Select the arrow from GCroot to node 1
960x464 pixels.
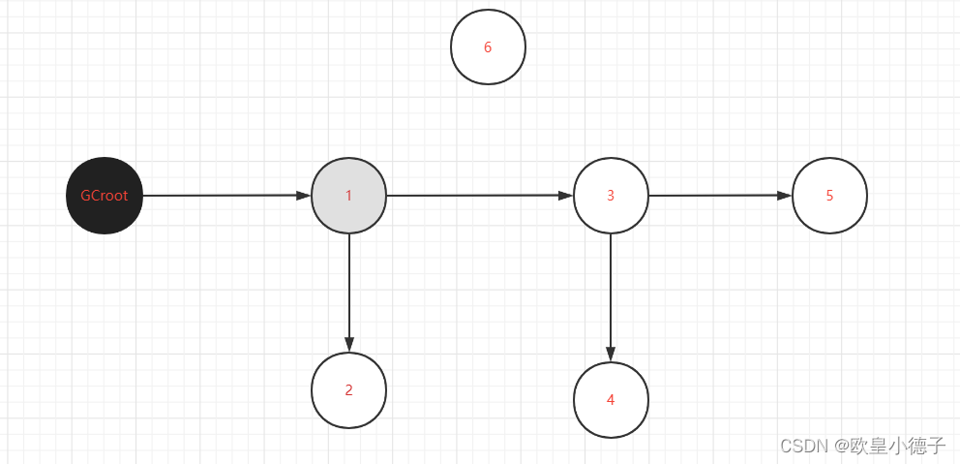point(223,196)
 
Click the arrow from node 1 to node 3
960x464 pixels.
point(474,196)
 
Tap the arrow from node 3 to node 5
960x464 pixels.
point(716,196)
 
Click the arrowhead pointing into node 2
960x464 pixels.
point(348,344)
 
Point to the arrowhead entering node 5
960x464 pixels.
point(784,196)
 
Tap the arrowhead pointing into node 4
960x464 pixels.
point(611,354)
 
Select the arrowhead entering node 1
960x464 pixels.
point(303,196)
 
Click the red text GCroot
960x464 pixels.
point(105,196)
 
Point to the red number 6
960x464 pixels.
point(488,47)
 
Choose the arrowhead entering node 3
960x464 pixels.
point(565,196)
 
